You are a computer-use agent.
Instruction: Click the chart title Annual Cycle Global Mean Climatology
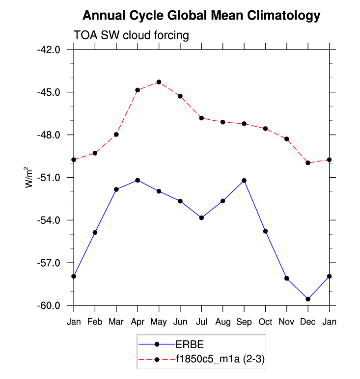click(x=201, y=16)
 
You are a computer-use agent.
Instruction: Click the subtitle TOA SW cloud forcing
click(x=131, y=35)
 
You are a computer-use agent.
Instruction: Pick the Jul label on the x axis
click(x=201, y=322)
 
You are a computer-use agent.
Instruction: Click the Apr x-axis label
click(x=138, y=322)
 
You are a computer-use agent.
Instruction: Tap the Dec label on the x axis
click(x=308, y=322)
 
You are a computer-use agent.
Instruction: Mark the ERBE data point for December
click(x=308, y=299)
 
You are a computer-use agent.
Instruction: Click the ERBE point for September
click(x=244, y=181)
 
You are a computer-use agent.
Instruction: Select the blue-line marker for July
click(x=201, y=217)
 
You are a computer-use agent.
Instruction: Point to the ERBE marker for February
click(x=95, y=232)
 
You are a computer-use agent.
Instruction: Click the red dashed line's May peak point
click(x=159, y=82)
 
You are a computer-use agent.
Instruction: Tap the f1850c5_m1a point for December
click(x=308, y=162)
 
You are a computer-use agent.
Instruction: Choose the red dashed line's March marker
click(x=116, y=135)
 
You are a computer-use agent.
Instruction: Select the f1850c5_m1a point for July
click(x=201, y=118)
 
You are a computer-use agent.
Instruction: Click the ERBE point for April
click(x=138, y=180)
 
